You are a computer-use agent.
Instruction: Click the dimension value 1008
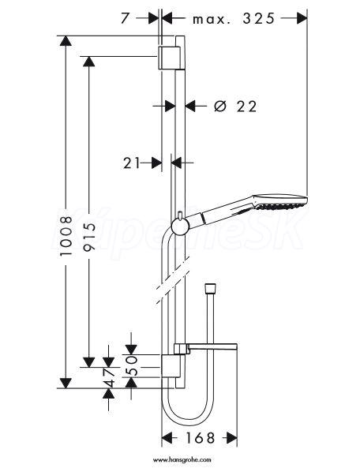coord(66,236)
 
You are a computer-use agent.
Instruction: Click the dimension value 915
coord(89,237)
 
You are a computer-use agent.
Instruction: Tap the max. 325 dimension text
coord(234,19)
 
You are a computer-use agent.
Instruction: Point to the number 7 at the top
coord(126,18)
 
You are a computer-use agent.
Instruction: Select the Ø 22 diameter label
coord(235,107)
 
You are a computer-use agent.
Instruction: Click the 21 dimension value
coord(132,163)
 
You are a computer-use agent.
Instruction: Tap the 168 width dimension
coord(200,438)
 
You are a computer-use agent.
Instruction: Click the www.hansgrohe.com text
coord(182,460)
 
